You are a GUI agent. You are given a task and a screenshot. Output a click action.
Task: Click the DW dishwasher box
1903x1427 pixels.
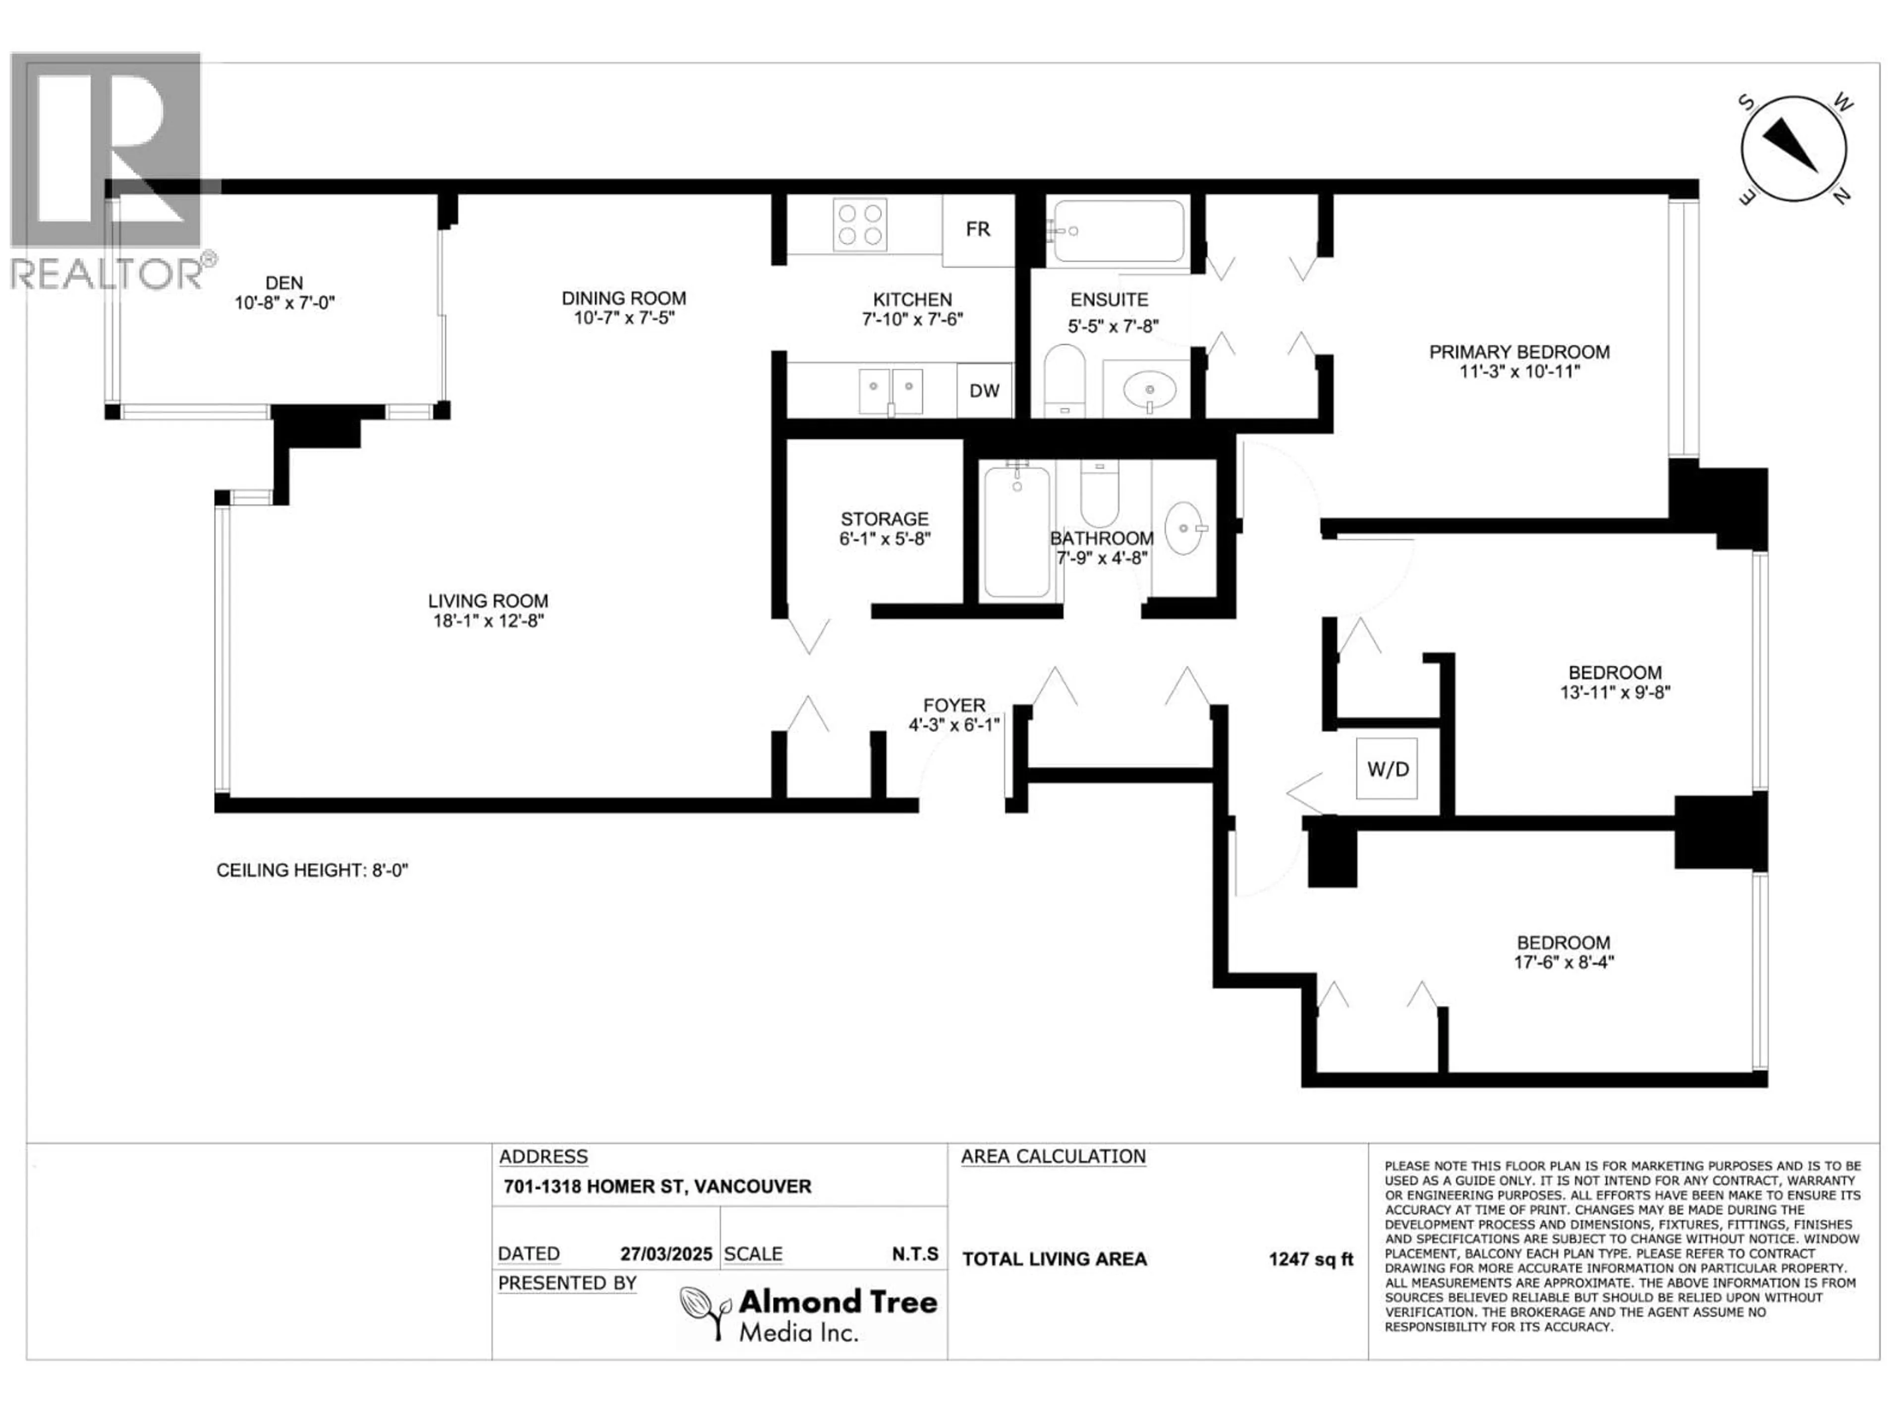tap(984, 390)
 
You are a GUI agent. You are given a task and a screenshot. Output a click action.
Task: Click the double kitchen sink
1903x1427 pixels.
tap(891, 391)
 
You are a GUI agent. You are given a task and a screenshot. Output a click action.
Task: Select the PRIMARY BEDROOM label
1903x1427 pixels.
tap(1519, 352)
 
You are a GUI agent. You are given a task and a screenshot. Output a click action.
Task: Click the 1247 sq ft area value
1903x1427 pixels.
tap(1310, 1259)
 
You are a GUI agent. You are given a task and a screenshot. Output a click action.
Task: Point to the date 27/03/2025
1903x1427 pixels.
tap(666, 1254)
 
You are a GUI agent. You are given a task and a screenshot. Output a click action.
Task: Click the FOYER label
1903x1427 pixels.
tap(954, 706)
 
